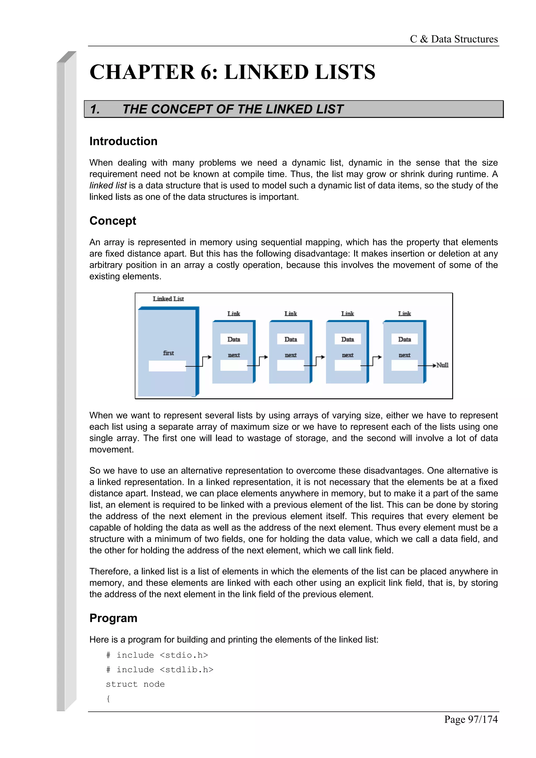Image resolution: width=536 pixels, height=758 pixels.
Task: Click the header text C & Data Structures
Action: pyautogui.click(x=454, y=39)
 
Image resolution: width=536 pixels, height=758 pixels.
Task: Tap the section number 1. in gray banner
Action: pyautogui.click(x=95, y=109)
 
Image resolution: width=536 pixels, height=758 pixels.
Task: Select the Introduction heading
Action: pyautogui.click(x=123, y=141)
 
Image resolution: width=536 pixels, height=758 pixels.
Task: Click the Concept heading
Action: pyautogui.click(x=113, y=220)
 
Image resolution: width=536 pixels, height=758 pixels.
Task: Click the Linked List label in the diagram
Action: pyautogui.click(x=168, y=299)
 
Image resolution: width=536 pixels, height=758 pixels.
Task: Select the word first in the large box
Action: pyautogui.click(x=169, y=353)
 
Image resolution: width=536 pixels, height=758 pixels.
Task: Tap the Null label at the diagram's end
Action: pyautogui.click(x=443, y=365)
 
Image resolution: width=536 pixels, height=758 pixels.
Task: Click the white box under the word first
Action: pyautogui.click(x=167, y=366)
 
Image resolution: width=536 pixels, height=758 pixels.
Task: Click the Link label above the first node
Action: pyautogui.click(x=233, y=314)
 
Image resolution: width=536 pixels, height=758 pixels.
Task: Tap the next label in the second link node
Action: pyautogui.click(x=291, y=355)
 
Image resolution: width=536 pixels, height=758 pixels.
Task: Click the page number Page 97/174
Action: pyautogui.click(x=471, y=719)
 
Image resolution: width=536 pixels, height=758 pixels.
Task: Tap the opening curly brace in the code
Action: pyautogui.click(x=108, y=699)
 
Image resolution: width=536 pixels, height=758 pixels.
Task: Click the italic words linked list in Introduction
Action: pyautogui.click(x=108, y=185)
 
